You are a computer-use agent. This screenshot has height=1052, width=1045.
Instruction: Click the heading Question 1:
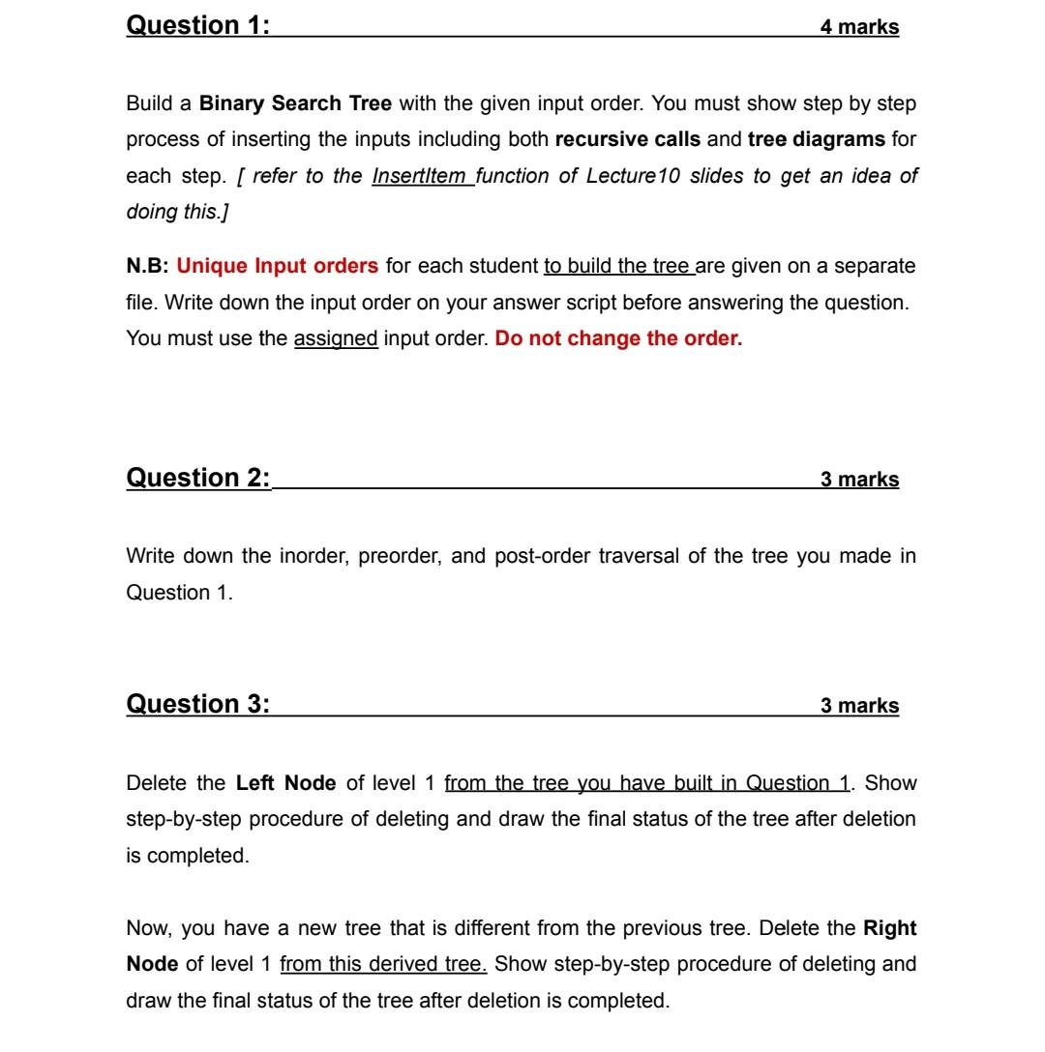click(198, 25)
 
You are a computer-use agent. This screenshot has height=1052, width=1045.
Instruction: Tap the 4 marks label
click(859, 27)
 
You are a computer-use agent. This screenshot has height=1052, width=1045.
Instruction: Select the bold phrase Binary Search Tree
click(295, 102)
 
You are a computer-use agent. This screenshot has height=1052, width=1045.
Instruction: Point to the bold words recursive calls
click(627, 139)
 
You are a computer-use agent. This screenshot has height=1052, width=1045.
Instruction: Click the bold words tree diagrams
click(816, 139)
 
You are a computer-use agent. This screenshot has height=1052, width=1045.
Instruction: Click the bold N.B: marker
click(148, 265)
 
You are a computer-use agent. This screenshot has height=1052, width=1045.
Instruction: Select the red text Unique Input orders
click(278, 265)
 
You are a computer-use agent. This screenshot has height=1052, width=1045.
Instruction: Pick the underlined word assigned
click(336, 340)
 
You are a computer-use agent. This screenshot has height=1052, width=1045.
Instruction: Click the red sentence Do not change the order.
click(618, 340)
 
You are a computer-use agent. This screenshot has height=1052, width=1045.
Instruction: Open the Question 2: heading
click(198, 478)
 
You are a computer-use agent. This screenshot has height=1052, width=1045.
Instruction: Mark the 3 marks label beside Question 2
click(859, 480)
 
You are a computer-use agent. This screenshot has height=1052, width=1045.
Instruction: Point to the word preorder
click(399, 556)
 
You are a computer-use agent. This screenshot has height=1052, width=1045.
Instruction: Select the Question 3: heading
click(198, 704)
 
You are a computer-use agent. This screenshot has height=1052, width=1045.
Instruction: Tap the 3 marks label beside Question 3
click(859, 706)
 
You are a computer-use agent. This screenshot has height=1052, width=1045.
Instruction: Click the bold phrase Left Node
click(285, 782)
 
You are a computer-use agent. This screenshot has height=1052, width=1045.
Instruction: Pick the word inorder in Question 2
click(313, 556)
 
